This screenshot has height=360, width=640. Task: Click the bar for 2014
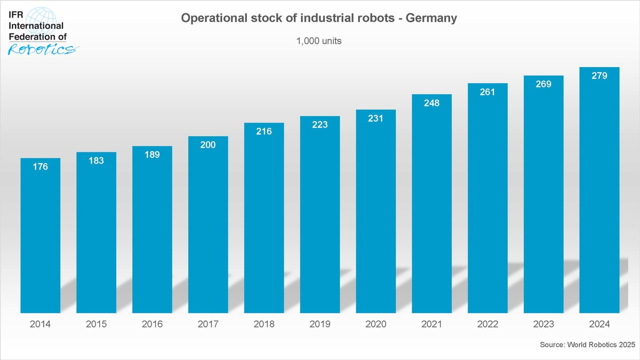(x=40, y=237)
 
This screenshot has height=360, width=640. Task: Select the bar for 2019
(x=320, y=216)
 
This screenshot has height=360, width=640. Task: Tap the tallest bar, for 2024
(x=599, y=192)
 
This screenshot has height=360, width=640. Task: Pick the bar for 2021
(x=431, y=205)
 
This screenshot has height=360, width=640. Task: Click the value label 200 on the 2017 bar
(x=208, y=145)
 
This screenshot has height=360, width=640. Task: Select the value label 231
(x=375, y=118)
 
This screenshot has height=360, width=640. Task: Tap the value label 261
(x=487, y=92)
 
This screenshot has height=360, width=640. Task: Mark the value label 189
(x=152, y=155)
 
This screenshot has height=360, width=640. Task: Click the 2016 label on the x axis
(x=152, y=324)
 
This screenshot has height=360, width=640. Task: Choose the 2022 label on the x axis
(x=487, y=324)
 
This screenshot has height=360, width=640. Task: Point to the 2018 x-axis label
(x=264, y=324)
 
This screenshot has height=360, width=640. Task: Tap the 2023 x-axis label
(x=543, y=324)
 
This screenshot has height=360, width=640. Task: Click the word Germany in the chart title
(x=431, y=18)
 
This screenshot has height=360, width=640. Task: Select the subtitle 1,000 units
(x=319, y=41)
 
